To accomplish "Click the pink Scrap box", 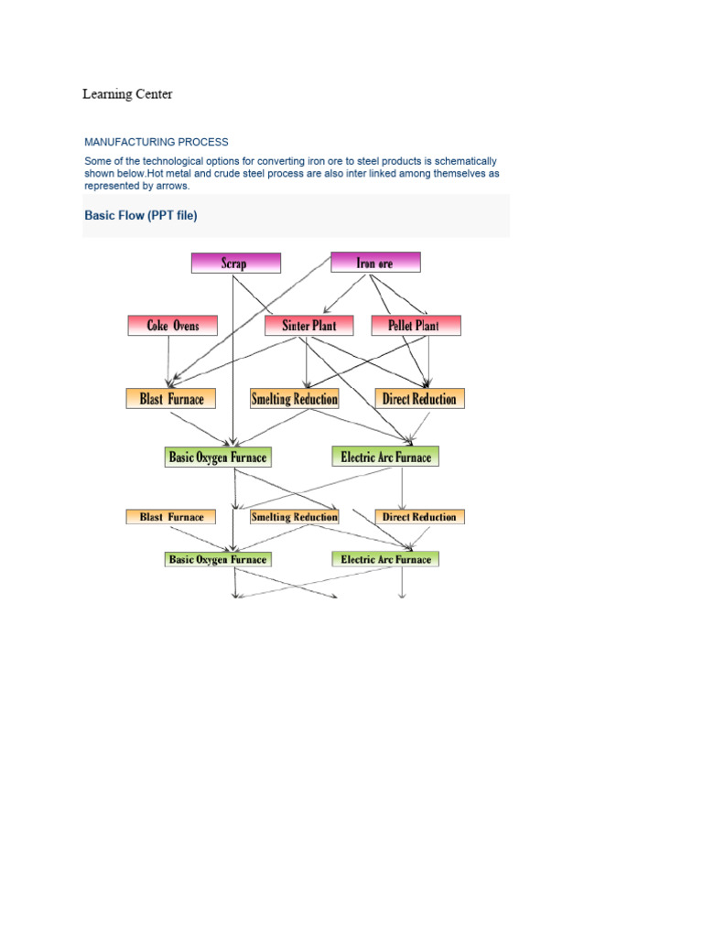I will pyautogui.click(x=235, y=263).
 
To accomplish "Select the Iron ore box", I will pyautogui.click(x=374, y=263).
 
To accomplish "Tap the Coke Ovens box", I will pyautogui.click(x=172, y=325).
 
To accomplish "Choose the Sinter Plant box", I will pyautogui.click(x=308, y=325).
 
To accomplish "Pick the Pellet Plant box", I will pyautogui.click(x=416, y=325).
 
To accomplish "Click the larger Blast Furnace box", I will pyautogui.click(x=170, y=398).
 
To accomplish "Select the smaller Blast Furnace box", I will pyautogui.click(x=170, y=517).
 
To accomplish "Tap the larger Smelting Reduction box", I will pyautogui.click(x=294, y=398).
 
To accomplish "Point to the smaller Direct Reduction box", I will pyautogui.click(x=419, y=517).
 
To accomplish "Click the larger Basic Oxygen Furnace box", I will pyautogui.click(x=218, y=457).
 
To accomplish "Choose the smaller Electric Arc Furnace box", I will pyautogui.click(x=385, y=559).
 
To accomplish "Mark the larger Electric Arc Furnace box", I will pyautogui.click(x=385, y=456).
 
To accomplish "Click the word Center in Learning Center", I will pyautogui.click(x=152, y=94).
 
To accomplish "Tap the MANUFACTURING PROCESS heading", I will pyautogui.click(x=157, y=142).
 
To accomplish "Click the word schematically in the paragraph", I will pyautogui.click(x=466, y=161).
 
